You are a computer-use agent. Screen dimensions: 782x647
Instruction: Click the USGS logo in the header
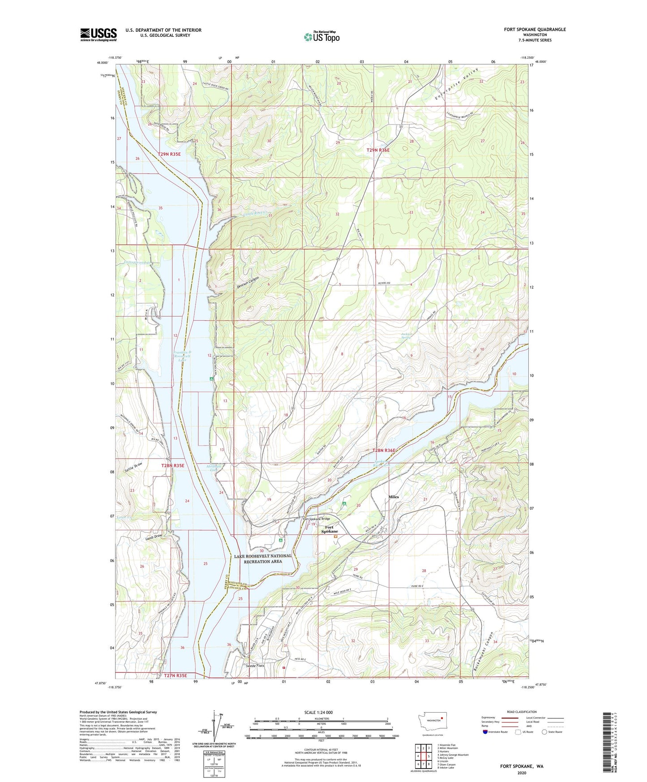[x=99, y=34]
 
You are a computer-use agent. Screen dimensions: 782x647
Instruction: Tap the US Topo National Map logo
[x=321, y=37]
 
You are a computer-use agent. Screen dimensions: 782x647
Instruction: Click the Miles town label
[x=394, y=497]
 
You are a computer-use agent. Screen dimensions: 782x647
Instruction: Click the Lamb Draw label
[x=154, y=538]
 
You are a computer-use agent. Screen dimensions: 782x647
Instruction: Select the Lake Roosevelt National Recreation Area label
[x=263, y=559]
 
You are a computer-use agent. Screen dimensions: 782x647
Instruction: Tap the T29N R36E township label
[x=378, y=150]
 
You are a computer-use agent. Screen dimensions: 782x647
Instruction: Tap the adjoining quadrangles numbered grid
[x=423, y=757]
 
